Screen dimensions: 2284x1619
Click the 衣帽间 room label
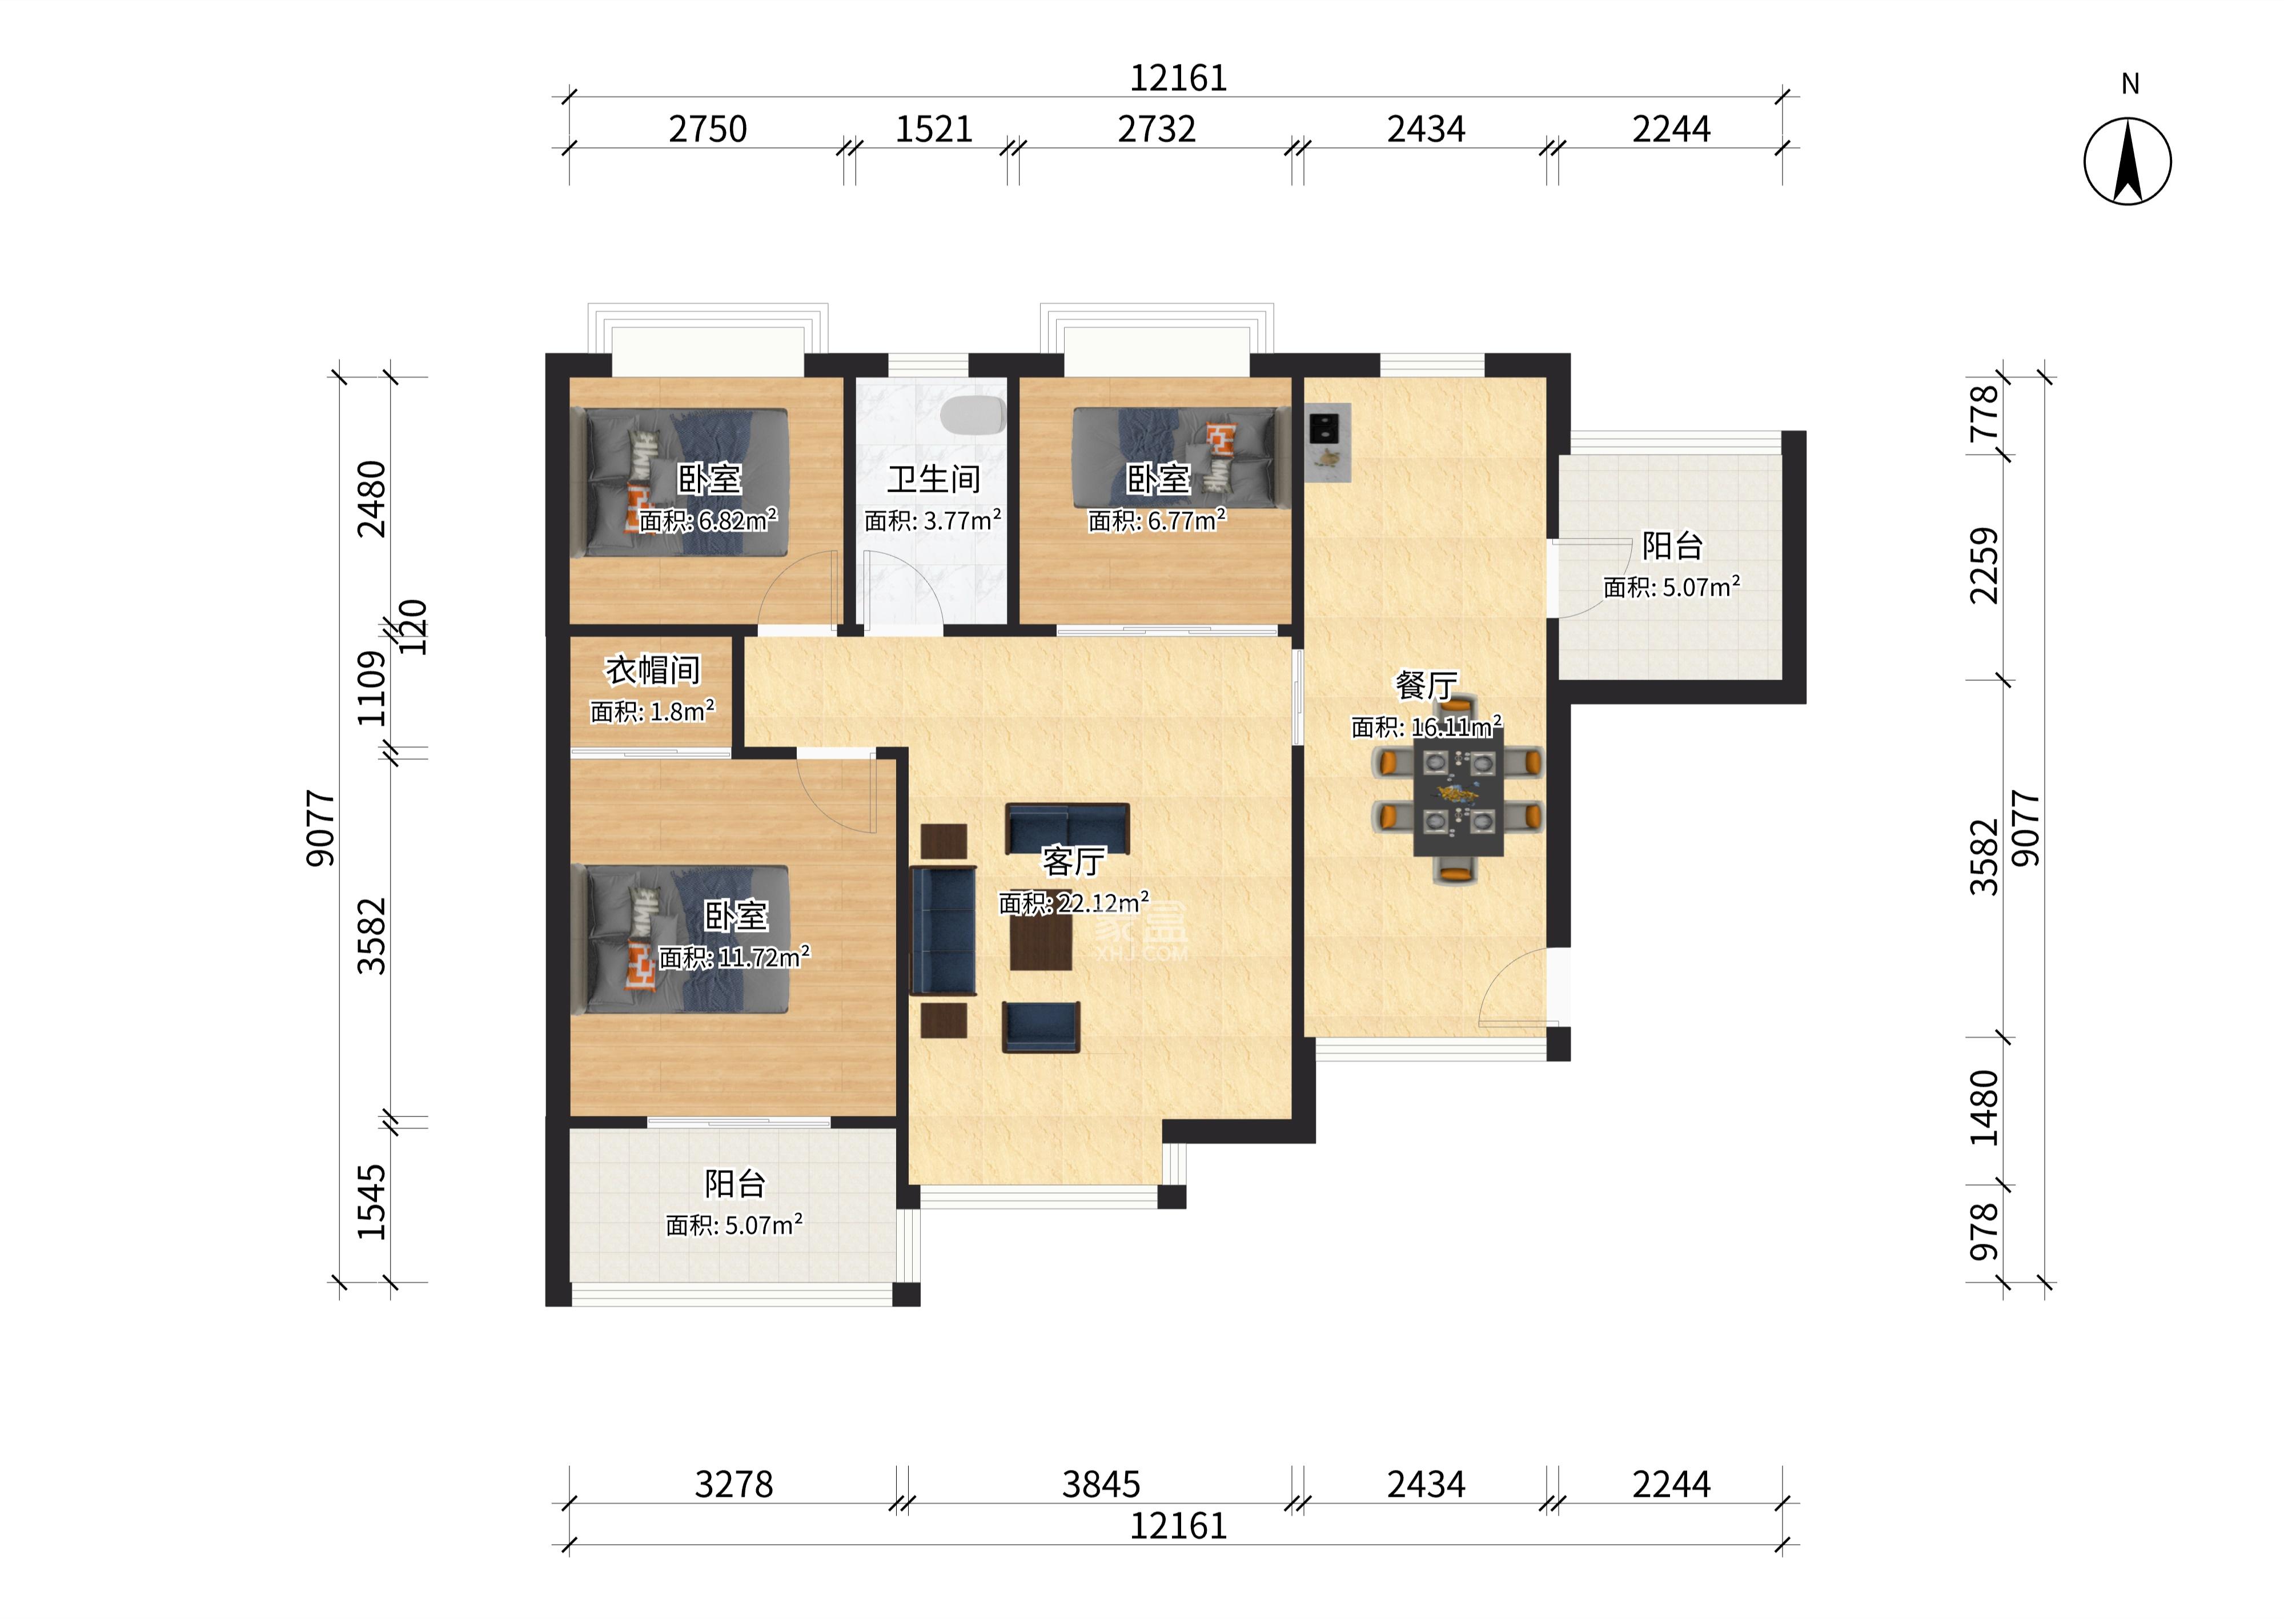tap(653, 670)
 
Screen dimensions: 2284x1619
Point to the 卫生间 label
tap(934, 480)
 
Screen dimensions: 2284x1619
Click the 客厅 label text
tap(1074, 861)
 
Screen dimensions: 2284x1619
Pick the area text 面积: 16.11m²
tap(1426, 727)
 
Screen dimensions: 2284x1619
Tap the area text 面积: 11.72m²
tap(734, 957)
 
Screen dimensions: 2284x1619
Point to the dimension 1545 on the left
tap(372, 1202)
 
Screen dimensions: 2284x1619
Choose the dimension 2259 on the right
tap(1985, 565)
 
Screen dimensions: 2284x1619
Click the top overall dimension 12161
tap(1177, 78)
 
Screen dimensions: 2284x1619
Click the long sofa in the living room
tap(943, 930)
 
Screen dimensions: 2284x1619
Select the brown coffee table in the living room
tap(1041, 942)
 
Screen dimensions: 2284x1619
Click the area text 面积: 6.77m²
tap(1157, 520)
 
